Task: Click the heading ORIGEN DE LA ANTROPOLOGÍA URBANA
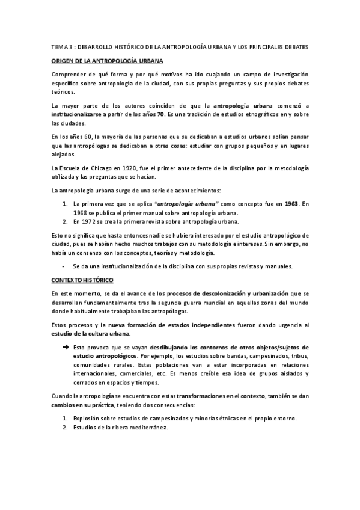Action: tap(107, 61)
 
